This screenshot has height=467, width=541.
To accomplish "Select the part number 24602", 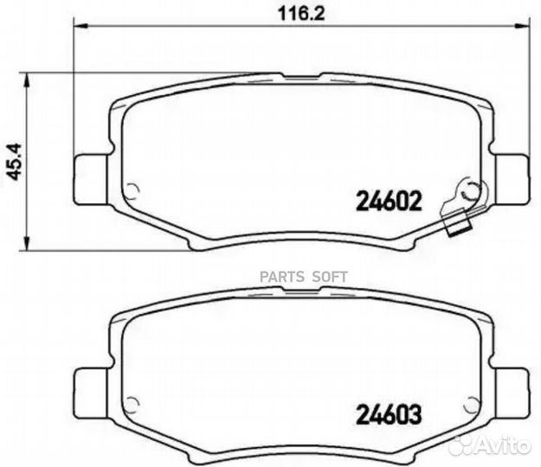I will point(389,202).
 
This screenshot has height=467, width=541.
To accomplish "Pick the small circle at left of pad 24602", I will point(132,192).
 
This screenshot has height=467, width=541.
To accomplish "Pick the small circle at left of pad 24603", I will point(132,403).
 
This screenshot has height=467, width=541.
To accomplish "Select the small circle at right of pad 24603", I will point(471,403).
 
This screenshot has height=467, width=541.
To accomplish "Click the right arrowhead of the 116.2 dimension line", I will point(521,29).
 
